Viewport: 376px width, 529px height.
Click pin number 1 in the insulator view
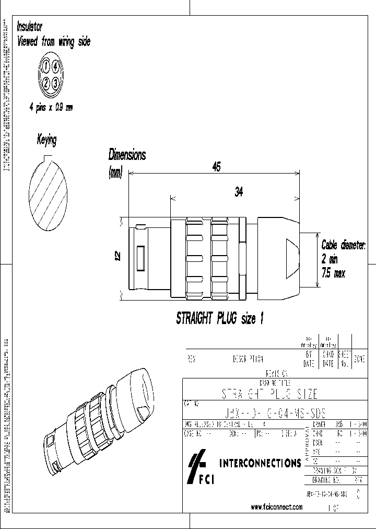coord(46,66)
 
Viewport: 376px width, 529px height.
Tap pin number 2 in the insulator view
coord(46,82)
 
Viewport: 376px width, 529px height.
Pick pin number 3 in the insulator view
coord(56,82)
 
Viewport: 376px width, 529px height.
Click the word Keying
coord(46,140)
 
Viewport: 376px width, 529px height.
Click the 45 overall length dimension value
coord(216,167)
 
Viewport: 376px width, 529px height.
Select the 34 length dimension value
coord(239,192)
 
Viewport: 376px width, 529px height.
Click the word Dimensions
coord(126,155)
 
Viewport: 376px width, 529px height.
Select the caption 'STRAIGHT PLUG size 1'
coord(216,319)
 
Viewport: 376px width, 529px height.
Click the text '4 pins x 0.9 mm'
coord(51,107)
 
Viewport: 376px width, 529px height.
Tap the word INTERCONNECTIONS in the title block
coord(260,463)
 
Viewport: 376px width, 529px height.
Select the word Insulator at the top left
coord(30,27)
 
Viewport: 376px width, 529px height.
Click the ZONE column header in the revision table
coord(359,360)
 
